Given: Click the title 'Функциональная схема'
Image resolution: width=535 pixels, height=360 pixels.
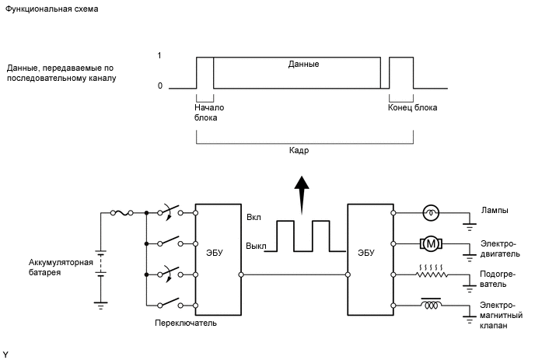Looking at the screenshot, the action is pyautogui.click(x=51, y=9).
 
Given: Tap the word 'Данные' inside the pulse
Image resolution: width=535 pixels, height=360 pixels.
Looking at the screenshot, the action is pyautogui.click(x=303, y=65).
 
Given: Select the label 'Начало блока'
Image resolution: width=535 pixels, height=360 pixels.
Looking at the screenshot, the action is pyautogui.click(x=209, y=113).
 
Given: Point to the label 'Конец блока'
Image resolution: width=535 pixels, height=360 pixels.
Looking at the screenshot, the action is pyautogui.click(x=412, y=108).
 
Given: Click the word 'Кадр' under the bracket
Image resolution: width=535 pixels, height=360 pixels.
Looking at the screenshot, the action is pyautogui.click(x=299, y=151).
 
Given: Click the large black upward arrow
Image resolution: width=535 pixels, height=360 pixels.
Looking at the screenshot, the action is pyautogui.click(x=302, y=195).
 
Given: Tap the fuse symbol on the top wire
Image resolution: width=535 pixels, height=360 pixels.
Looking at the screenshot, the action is pyautogui.click(x=122, y=213).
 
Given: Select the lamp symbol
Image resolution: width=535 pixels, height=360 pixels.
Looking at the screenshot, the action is pyautogui.click(x=431, y=213).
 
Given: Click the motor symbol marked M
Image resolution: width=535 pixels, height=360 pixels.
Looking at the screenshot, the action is pyautogui.click(x=431, y=243).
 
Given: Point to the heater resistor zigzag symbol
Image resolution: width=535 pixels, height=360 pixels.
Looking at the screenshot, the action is pyautogui.click(x=432, y=271).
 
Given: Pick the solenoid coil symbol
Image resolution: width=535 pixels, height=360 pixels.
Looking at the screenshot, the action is pyautogui.click(x=432, y=304).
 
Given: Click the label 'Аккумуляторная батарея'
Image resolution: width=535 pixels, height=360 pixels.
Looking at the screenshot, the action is pyautogui.click(x=61, y=267).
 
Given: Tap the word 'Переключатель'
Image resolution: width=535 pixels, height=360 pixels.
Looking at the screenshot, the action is pyautogui.click(x=186, y=323).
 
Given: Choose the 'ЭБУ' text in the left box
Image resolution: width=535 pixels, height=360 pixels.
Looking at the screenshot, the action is pyautogui.click(x=215, y=253).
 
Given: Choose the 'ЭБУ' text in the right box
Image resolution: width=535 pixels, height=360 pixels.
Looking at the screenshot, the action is pyautogui.click(x=365, y=253).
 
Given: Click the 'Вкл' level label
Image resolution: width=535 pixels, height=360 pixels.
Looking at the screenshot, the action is pyautogui.click(x=254, y=218).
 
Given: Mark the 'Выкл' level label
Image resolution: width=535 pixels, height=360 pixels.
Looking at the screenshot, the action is pyautogui.click(x=256, y=246).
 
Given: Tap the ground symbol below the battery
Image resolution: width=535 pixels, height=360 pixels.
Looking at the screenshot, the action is pyautogui.click(x=100, y=305).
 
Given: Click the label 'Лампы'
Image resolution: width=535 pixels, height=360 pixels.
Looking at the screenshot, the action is pyautogui.click(x=495, y=211).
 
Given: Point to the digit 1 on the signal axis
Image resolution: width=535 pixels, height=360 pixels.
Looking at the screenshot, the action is pyautogui.click(x=159, y=55).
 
